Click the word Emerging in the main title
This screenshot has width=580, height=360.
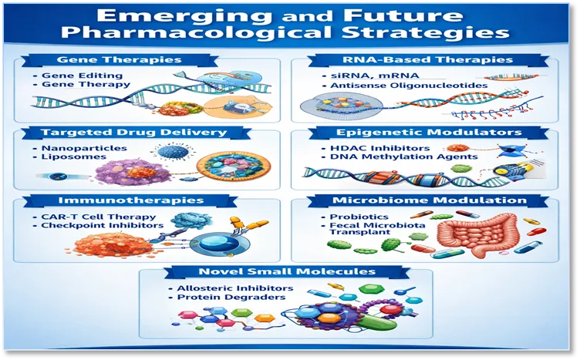click(184, 16)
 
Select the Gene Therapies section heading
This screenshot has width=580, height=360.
click(119, 60)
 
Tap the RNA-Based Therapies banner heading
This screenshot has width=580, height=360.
click(427, 60)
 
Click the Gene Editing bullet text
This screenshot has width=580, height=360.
click(82, 76)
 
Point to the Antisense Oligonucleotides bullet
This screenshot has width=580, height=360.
click(409, 86)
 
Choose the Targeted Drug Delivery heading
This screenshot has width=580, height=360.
click(133, 133)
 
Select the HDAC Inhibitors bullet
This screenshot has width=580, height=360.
click(380, 148)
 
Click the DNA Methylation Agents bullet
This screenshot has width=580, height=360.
click(404, 156)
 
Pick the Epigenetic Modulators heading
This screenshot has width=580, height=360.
click(429, 133)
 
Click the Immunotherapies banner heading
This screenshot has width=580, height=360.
click(131, 200)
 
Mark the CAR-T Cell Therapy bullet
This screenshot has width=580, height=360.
click(99, 217)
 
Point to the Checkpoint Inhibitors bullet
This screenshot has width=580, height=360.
click(102, 225)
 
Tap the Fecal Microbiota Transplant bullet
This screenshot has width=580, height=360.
click(377, 229)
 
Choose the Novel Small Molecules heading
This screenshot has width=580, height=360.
click(287, 271)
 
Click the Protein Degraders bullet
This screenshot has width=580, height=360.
click(231, 297)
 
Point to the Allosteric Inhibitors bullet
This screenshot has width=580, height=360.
click(235, 288)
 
